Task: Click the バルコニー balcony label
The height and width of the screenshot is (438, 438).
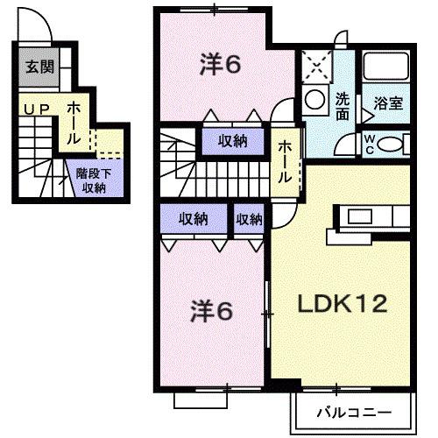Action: tap(350, 410)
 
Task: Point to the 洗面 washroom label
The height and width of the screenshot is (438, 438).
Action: tap(342, 106)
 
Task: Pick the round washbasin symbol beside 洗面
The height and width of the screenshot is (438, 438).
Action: tap(313, 102)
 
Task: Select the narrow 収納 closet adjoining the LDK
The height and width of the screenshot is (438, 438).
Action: tap(249, 219)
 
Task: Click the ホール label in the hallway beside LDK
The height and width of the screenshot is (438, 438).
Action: tap(286, 162)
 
